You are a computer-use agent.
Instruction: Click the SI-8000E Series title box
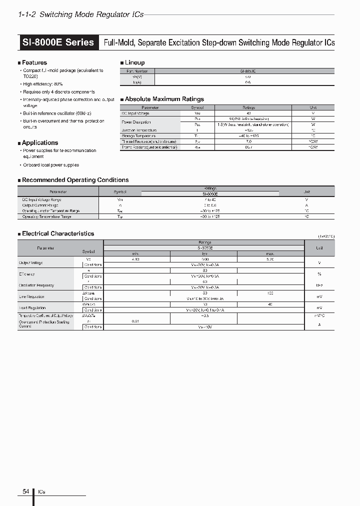pyautogui.click(x=58, y=42)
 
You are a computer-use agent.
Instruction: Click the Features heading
pyautogui.click(x=34, y=62)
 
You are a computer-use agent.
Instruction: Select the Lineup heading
pyautogui.click(x=134, y=62)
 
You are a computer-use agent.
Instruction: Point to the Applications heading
pyautogui.click(x=39, y=142)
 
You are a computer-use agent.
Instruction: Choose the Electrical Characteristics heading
pyautogui.click(x=57, y=233)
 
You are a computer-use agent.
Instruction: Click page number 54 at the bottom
pyautogui.click(x=25, y=492)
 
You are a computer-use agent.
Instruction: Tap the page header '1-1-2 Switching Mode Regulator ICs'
pyautogui.click(x=80, y=14)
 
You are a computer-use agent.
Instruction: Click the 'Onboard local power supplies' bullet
pyautogui.click(x=50, y=165)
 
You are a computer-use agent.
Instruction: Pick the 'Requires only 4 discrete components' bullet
pyautogui.click(x=58, y=92)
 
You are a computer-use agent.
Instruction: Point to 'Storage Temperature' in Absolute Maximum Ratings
pyautogui.click(x=138, y=136)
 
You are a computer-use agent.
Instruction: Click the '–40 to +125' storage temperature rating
pyautogui.click(x=248, y=136)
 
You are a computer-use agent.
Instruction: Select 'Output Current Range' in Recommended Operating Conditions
pyautogui.click(x=43, y=205)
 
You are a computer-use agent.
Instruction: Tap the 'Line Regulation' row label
pyautogui.click(x=32, y=296)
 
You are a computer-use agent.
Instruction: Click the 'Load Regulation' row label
pyautogui.click(x=32, y=308)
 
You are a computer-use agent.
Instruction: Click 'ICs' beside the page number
pyautogui.click(x=41, y=492)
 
